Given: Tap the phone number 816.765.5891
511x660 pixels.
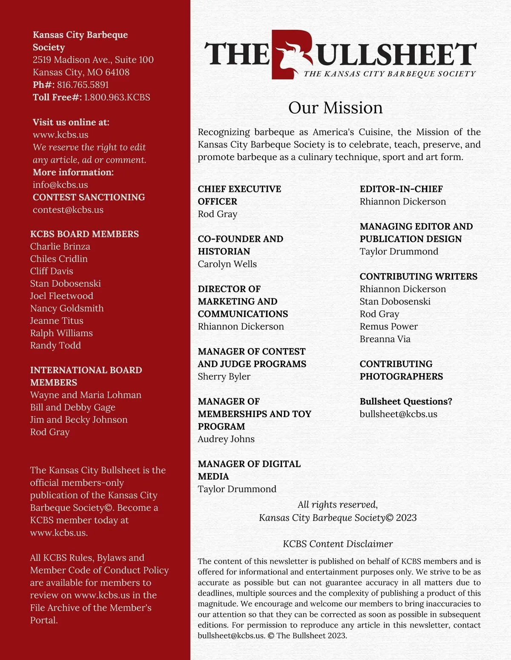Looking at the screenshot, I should tap(83, 85).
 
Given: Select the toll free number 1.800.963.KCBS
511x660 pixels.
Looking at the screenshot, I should tap(117, 97).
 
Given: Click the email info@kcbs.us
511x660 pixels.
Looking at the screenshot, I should tap(60, 185).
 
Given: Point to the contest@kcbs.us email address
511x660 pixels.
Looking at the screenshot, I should tap(68, 210).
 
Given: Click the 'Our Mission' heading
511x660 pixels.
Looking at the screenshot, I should tap(336, 108).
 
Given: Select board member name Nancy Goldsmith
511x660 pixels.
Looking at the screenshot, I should tap(67, 308).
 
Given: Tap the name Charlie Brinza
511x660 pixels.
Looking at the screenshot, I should tap(60, 246).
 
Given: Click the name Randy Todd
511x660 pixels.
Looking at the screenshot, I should tap(55, 345).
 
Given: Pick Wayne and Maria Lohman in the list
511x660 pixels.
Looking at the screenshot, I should tap(86, 395).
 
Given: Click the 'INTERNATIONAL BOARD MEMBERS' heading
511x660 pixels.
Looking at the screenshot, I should tap(86, 376).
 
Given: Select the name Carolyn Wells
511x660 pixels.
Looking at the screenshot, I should tap(227, 264).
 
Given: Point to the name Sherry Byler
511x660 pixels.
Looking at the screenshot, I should tap(224, 377).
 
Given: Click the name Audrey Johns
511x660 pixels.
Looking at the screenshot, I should tap(226, 439).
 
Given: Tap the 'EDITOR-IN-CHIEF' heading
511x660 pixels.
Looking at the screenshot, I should tap(401, 189).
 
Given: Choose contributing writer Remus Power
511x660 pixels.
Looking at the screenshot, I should tap(388, 326).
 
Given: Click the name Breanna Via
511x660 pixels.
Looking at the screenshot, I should tap(385, 339).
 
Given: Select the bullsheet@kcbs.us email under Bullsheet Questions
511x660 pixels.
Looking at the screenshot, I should tap(398, 414).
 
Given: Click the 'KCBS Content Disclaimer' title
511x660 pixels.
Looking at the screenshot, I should tap(338, 544).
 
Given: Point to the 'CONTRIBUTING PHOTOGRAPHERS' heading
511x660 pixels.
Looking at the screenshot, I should tap(401, 370).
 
